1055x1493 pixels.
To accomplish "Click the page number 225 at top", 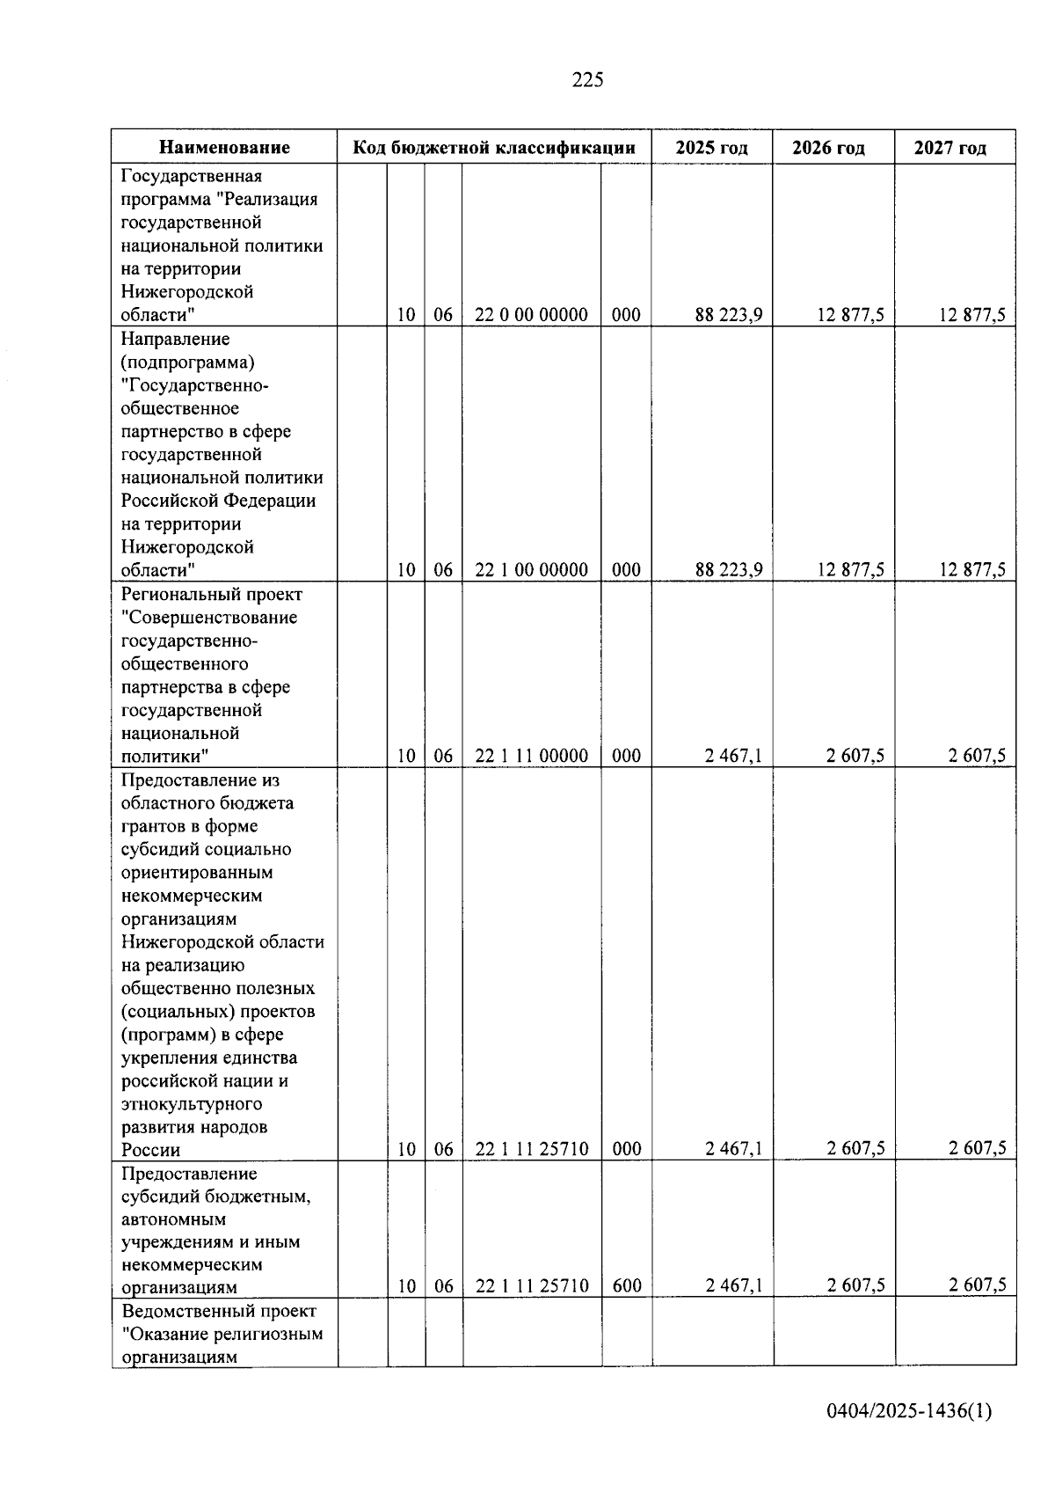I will (587, 80).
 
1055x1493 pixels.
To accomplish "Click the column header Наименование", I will (224, 148).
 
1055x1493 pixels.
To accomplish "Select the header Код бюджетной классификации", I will (494, 148).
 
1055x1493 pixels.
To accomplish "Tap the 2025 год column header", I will (711, 148).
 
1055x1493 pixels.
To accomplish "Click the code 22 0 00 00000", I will (531, 315).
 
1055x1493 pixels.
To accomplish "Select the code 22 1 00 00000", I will (531, 570).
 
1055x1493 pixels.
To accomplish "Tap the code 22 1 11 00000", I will (531, 756).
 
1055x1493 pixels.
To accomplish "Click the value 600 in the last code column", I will (626, 1286).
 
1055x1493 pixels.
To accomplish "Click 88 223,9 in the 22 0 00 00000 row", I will (728, 315).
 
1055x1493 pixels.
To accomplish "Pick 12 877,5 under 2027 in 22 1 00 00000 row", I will (971, 570).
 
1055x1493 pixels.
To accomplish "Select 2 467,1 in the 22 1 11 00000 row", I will (733, 756).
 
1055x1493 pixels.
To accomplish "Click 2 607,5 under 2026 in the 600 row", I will (855, 1285).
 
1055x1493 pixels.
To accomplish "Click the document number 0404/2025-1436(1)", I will (909, 1412).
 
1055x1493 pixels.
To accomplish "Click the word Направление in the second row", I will (175, 339).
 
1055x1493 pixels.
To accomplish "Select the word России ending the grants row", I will (150, 1150).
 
